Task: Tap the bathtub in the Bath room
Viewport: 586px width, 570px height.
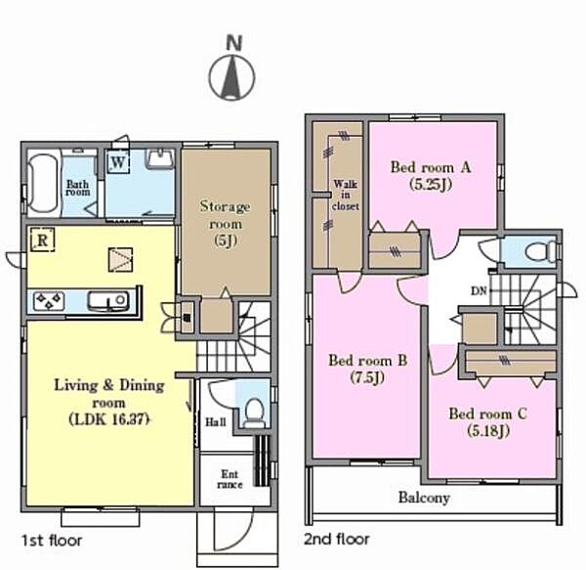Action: click(x=44, y=184)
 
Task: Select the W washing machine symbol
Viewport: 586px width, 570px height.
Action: click(x=118, y=162)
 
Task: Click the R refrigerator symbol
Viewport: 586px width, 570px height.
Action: click(x=43, y=240)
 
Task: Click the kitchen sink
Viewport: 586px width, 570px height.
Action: click(x=108, y=301)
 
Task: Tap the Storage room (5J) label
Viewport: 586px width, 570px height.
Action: click(x=225, y=223)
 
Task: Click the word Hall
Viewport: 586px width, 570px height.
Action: click(x=216, y=422)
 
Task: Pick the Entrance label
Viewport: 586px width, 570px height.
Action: click(x=230, y=479)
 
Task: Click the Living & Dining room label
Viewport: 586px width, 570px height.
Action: click(x=109, y=402)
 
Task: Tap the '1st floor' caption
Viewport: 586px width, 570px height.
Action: click(x=52, y=541)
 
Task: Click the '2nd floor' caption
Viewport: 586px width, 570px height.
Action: click(x=336, y=539)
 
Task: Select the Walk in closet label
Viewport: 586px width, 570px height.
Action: click(x=346, y=195)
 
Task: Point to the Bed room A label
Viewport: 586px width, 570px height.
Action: click(x=431, y=175)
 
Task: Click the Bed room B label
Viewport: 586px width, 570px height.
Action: click(x=368, y=369)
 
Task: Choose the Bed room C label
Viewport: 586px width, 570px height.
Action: click(x=488, y=422)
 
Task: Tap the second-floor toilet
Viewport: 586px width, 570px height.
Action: click(x=541, y=251)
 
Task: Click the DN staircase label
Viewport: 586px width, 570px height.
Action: click(x=479, y=290)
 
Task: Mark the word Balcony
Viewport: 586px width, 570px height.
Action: click(x=424, y=498)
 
